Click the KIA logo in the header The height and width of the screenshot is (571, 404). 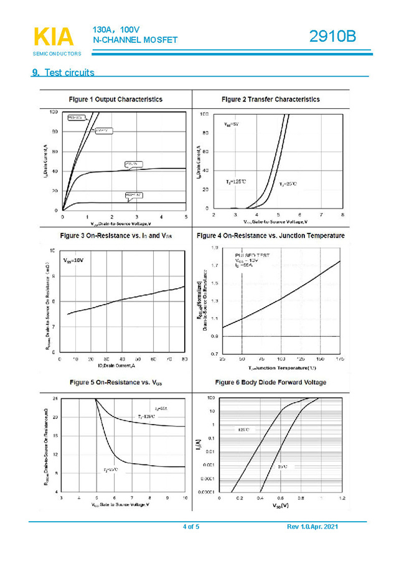(x=52, y=38)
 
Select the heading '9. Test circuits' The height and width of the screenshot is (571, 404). (x=63, y=73)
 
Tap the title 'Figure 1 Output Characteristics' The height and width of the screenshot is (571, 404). (x=116, y=99)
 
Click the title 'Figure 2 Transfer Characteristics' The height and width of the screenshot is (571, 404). (x=271, y=99)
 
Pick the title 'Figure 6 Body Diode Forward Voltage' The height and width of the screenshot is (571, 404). (x=270, y=382)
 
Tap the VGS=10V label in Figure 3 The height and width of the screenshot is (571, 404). (x=73, y=260)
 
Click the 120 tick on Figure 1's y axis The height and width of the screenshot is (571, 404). (x=54, y=111)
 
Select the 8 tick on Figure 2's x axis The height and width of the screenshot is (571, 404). (x=342, y=215)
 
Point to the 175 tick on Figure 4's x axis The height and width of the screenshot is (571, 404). (x=340, y=359)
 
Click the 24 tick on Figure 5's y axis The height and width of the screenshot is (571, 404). (x=55, y=398)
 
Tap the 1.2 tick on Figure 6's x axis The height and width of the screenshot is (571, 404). (x=342, y=499)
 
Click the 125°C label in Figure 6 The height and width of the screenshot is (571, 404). (x=243, y=430)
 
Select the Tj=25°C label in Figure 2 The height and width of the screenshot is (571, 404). (x=288, y=184)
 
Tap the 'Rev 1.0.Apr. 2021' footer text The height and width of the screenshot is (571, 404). (x=312, y=527)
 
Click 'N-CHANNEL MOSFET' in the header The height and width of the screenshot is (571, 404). (x=135, y=40)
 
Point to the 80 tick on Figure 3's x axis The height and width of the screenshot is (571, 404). (x=185, y=359)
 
